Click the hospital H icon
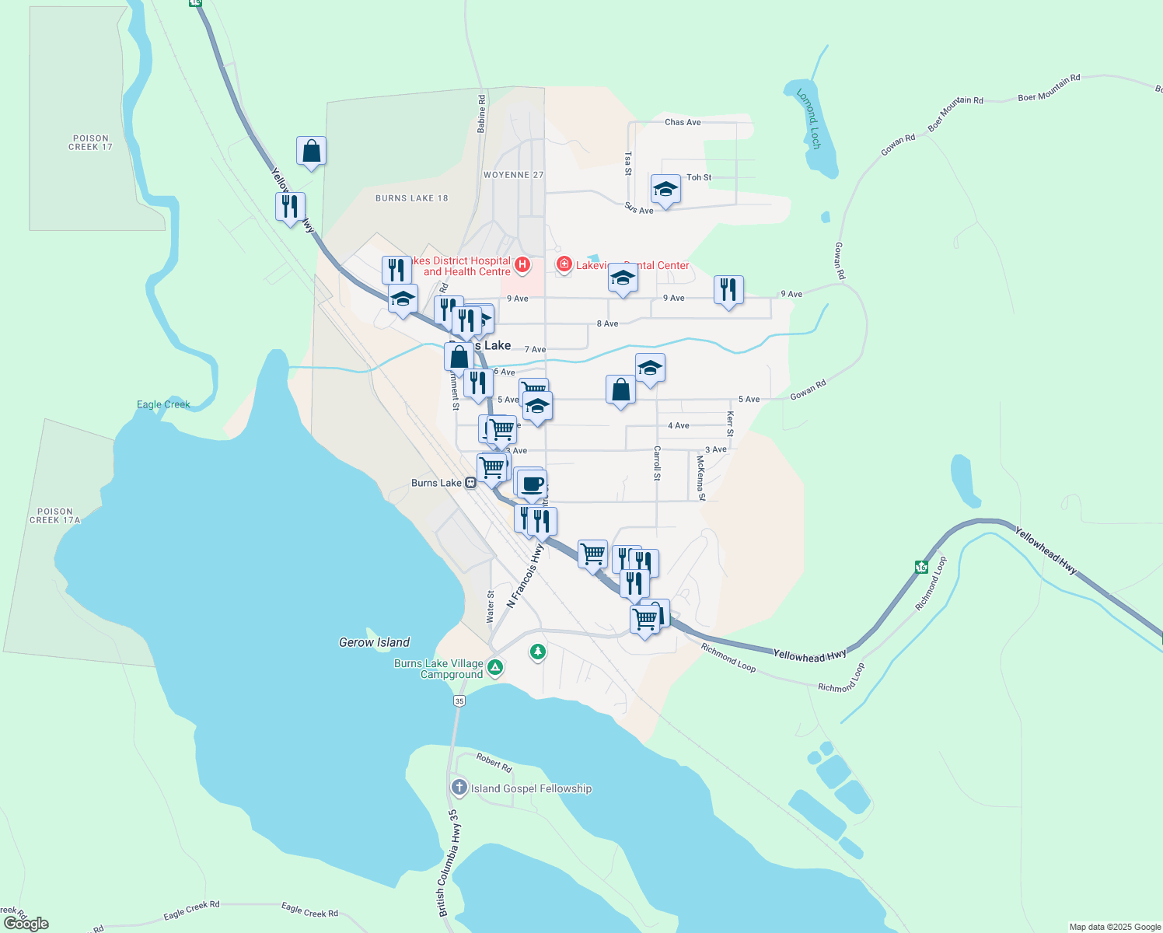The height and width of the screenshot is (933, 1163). (522, 266)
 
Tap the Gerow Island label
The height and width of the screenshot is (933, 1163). (374, 642)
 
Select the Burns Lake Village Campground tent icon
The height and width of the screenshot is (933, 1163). (495, 667)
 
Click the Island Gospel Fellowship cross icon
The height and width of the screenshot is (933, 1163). (459, 788)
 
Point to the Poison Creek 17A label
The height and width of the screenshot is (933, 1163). (54, 516)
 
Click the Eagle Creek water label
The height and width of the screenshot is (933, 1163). (163, 404)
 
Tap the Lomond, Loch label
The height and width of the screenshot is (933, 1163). (809, 118)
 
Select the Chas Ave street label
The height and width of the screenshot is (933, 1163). (683, 122)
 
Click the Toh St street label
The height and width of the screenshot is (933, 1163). (699, 177)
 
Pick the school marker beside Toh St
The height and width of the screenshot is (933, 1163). (665, 190)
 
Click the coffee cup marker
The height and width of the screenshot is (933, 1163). (533, 485)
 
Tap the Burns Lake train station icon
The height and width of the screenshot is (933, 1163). (470, 483)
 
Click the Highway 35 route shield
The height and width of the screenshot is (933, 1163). (459, 701)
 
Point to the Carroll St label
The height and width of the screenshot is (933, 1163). (657, 463)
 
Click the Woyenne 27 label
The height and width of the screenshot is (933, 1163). (513, 175)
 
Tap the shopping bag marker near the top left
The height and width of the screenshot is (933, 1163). (311, 151)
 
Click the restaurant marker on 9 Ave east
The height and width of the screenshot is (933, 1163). (728, 291)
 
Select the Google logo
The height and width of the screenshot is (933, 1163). (26, 923)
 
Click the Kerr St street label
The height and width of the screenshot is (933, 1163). (730, 424)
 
